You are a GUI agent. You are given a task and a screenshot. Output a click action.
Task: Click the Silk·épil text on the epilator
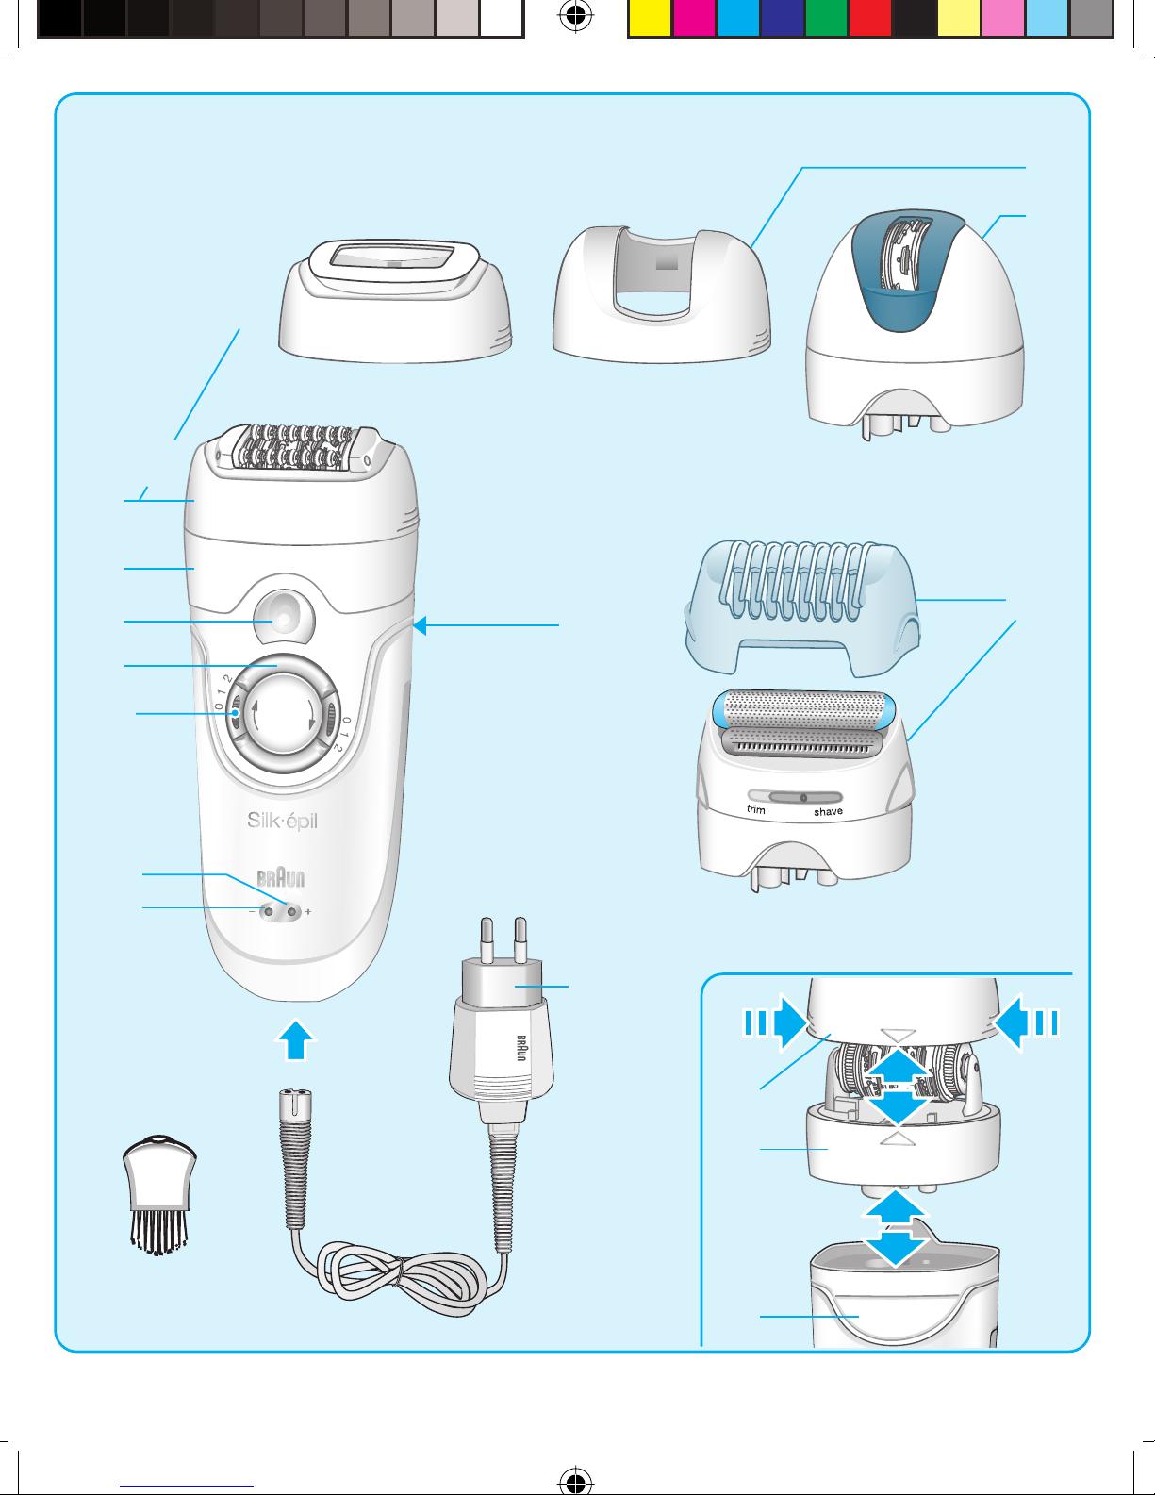282,821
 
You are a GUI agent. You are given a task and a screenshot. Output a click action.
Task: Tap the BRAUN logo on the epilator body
281,878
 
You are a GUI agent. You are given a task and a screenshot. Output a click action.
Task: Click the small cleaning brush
160,1195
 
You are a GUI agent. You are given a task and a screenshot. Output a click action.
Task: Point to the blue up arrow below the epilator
295,1040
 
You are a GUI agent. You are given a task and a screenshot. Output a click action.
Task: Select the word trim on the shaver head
756,809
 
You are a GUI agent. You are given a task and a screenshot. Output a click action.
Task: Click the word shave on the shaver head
828,811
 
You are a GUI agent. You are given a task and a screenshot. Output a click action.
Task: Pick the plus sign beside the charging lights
308,912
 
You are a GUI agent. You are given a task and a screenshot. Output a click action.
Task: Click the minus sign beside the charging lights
252,912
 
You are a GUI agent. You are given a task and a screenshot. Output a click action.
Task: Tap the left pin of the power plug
487,939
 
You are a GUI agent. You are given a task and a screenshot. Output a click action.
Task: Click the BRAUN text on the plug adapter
520,1048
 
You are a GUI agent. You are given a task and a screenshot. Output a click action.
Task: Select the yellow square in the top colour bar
650,18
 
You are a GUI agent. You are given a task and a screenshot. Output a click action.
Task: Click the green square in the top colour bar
827,18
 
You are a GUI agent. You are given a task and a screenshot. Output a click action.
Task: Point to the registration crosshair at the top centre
575,16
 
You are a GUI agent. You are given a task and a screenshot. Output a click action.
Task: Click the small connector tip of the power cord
295,1104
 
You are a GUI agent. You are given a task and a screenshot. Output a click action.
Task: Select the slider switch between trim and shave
804,797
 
